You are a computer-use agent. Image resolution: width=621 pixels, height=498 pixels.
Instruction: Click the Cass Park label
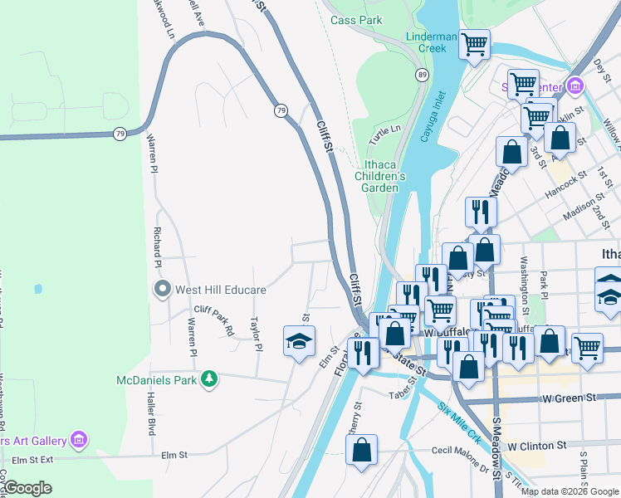[x=355, y=19]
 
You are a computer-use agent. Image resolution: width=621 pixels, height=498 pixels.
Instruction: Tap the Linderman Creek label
[x=431, y=42]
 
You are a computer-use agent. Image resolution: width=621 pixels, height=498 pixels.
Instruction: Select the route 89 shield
[x=423, y=75]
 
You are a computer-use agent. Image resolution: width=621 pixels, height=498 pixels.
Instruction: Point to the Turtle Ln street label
[x=385, y=130]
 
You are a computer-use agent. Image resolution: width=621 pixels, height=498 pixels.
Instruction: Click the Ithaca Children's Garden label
[x=380, y=176]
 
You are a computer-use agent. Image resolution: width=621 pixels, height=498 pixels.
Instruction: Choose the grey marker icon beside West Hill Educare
[x=162, y=290]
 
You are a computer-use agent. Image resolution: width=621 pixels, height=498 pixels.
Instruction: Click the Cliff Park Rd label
[x=214, y=319]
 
